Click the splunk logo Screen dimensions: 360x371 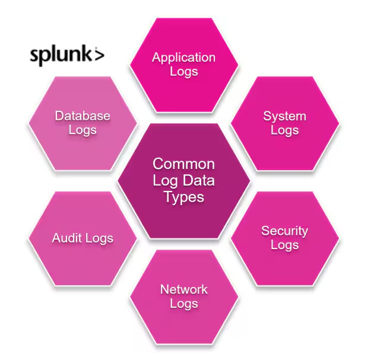tap(66, 55)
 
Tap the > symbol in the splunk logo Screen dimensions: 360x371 tap(99, 55)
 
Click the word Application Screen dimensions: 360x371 tap(183, 58)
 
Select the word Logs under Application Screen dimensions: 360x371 tap(183, 71)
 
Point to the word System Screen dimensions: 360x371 tap(284, 116)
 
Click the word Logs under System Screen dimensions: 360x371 tap(284, 130)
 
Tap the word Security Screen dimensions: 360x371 tap(284, 231)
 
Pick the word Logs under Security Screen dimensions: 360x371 tap(284, 245)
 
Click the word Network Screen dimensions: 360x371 tap(183, 289)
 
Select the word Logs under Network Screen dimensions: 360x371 tap(183, 304)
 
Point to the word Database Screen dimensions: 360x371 tap(83, 116)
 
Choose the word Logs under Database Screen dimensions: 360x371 tap(83, 130)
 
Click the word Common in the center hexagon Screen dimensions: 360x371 tap(183, 164)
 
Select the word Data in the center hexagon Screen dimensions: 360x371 tap(198, 180)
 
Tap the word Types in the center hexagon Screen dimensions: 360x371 tap(183, 197)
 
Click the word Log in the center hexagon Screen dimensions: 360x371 tap(164, 180)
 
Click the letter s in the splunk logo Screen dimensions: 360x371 tap(35, 56)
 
